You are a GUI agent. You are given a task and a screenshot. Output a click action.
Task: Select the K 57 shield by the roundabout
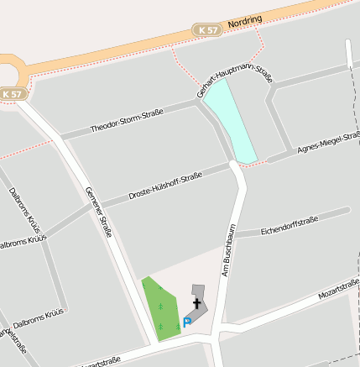(x=13, y=94)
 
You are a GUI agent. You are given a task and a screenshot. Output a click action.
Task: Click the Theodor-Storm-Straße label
(x=126, y=120)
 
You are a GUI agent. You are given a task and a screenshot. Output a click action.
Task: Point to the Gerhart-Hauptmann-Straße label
(x=235, y=83)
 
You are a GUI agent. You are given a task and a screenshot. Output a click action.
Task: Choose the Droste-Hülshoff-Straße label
(x=165, y=186)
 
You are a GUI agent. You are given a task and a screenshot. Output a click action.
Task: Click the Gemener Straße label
(x=98, y=213)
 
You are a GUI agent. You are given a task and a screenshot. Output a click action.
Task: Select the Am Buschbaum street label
(x=227, y=249)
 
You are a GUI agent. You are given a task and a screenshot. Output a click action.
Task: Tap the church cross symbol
(x=197, y=303)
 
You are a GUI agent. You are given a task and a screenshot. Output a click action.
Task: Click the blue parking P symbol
(x=187, y=321)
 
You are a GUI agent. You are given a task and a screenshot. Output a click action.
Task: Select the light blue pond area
(x=232, y=123)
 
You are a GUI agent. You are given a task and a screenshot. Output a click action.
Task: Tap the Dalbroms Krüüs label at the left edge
(x=21, y=244)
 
